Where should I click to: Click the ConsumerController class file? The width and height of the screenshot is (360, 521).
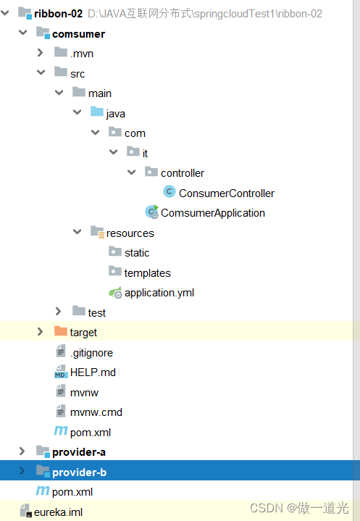(x=226, y=193)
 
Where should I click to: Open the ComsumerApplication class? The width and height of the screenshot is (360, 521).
(x=212, y=213)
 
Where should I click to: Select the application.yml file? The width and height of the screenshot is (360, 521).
(x=159, y=293)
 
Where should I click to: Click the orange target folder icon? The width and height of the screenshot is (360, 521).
(x=61, y=332)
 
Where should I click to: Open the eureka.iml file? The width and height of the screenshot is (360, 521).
(x=58, y=512)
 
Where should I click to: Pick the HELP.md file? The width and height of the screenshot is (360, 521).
(x=93, y=372)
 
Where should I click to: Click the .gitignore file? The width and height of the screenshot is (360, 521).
(x=91, y=352)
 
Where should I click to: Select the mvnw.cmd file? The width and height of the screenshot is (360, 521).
(x=96, y=412)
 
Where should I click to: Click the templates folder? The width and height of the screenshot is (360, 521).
(x=147, y=273)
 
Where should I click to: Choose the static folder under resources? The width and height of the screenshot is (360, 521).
(x=136, y=253)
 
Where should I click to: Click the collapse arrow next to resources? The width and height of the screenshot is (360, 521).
(x=77, y=232)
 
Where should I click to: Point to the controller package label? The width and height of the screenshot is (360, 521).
(x=182, y=173)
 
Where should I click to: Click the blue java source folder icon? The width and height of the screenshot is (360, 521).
(x=96, y=112)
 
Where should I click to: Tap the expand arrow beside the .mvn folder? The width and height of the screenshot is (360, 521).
(x=41, y=53)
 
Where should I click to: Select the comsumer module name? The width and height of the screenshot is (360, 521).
(x=78, y=34)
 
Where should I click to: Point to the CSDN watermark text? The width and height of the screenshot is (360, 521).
(x=299, y=508)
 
